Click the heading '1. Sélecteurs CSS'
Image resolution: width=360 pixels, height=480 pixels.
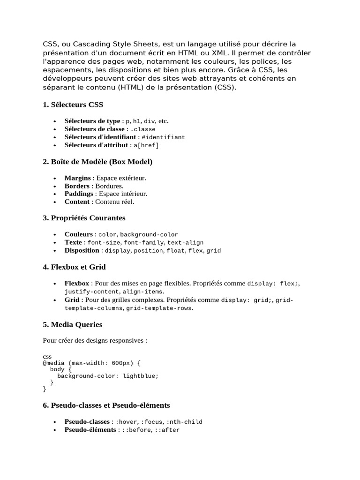coord(73,105)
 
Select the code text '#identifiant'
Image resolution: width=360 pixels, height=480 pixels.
coord(163,137)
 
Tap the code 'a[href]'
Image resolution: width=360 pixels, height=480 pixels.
coord(146,146)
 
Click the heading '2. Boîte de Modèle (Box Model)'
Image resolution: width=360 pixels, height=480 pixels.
coord(97,162)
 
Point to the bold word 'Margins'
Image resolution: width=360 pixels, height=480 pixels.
coord(77,178)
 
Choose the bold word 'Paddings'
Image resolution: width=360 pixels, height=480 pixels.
coord(79,194)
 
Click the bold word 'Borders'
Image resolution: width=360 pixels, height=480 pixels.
coord(77,186)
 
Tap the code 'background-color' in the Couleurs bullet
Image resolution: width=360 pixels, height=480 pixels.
coord(149,234)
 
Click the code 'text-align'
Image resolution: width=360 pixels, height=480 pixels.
coord(185,243)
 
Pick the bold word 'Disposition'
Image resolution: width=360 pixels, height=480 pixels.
coord(82,251)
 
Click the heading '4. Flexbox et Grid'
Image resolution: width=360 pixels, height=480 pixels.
coord(74,267)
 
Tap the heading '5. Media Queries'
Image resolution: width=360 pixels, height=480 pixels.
coord(72,324)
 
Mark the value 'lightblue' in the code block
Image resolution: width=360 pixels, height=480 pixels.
coord(139,375)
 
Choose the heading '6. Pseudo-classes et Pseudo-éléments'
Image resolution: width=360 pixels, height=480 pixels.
coord(106,405)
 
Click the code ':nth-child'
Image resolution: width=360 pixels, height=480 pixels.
coord(184,422)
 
